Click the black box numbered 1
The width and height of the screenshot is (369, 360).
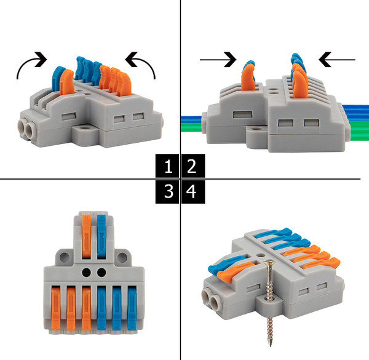point(167,166)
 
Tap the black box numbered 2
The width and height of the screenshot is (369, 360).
point(193,166)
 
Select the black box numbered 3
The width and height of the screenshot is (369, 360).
point(167,191)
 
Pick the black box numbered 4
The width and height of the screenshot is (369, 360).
point(193,191)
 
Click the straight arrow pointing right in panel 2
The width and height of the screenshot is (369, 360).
point(218,60)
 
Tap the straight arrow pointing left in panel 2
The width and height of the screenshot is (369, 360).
point(337,60)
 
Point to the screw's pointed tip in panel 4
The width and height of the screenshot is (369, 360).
point(271,346)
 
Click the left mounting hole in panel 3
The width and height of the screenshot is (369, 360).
point(65,258)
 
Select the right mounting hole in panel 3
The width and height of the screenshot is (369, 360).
point(122,258)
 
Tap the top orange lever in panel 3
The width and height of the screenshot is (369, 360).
point(86,236)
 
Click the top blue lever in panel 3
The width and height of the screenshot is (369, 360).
point(101,236)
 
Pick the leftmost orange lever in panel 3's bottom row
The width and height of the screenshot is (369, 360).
point(56,308)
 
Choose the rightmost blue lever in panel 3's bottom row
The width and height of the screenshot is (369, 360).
point(132,308)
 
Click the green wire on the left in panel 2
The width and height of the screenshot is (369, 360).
point(192,127)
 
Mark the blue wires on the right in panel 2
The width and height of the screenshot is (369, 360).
point(356,113)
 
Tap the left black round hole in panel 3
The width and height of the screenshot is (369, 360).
point(86,273)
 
